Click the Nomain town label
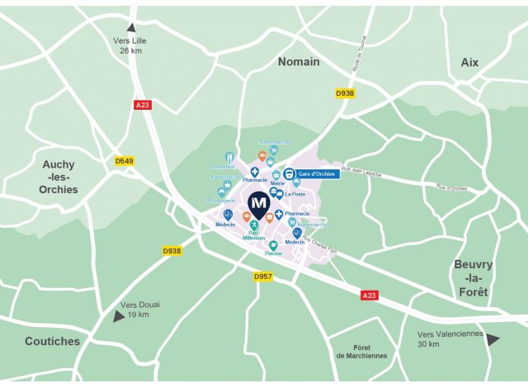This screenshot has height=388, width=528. [299, 62]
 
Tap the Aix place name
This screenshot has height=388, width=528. [469, 62]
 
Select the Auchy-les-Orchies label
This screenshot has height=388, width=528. [59, 177]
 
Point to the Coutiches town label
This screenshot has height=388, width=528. [52, 341]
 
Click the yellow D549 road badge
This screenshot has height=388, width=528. [125, 161]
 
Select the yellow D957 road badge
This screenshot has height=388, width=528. [263, 276]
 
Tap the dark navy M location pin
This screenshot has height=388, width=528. [259, 204]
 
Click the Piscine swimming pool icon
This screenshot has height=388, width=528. [273, 244]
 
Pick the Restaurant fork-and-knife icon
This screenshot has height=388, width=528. [229, 157]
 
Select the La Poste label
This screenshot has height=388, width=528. [295, 195]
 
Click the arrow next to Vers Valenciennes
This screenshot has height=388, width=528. [493, 338]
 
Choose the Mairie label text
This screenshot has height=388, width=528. [277, 184]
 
